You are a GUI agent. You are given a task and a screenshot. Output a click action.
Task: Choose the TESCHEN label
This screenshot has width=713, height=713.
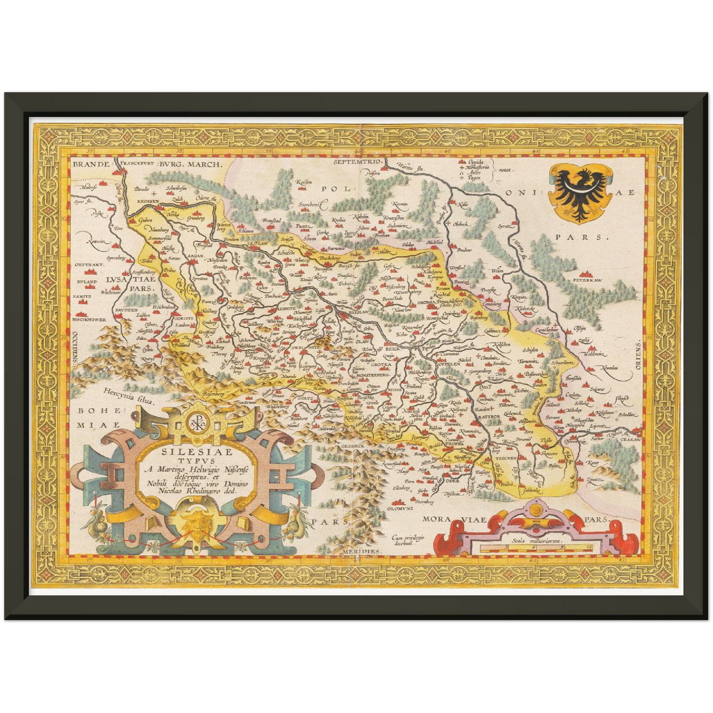(506, 458)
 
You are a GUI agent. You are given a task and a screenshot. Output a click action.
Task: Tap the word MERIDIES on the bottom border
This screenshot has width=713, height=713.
(362, 551)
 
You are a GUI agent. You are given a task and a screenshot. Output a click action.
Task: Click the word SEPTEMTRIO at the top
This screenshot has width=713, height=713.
(358, 162)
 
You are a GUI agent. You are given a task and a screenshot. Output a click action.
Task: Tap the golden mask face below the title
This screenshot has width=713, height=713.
(193, 524)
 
